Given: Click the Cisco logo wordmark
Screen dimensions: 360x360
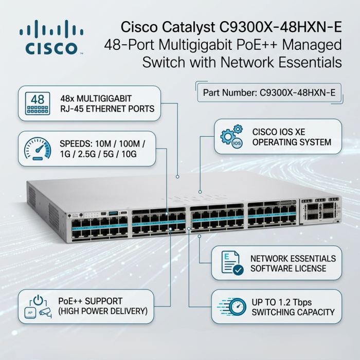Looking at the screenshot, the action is tap(51, 48).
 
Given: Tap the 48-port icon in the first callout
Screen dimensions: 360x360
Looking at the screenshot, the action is tap(38, 103).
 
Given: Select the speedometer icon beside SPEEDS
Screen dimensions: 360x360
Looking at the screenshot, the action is tap(38, 149).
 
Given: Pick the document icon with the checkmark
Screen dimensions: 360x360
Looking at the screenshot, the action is tap(232, 263).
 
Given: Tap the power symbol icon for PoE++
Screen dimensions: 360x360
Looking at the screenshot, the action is tap(38, 307).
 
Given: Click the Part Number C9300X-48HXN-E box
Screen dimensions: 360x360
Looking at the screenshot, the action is tap(269, 93).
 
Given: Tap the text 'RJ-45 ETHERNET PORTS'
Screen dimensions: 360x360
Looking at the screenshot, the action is tap(107, 109).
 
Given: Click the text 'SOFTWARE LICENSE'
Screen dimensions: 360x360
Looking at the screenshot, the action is tap(288, 268).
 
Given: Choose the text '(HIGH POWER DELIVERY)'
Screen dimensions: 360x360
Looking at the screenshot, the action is tap(103, 311).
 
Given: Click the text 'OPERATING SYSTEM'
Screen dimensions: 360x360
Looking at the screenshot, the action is tap(292, 142).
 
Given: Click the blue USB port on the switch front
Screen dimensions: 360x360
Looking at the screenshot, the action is tap(113, 213).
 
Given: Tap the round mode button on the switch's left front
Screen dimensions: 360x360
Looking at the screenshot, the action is tap(68, 215).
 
